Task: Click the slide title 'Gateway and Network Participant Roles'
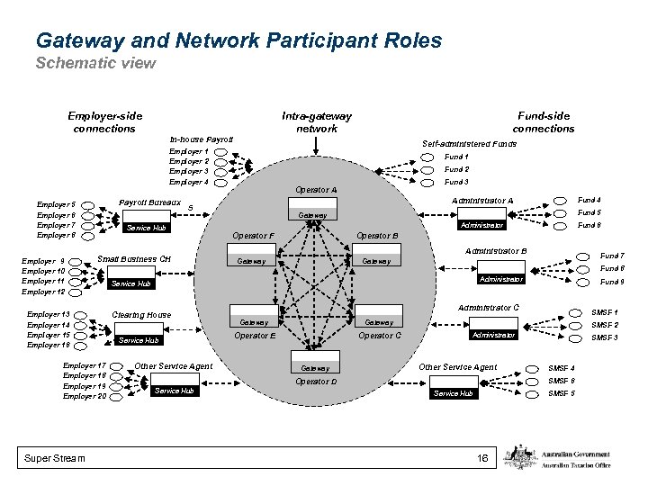click(238, 40)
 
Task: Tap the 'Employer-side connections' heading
click(104, 121)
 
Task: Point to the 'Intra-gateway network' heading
click(317, 121)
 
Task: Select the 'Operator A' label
click(315, 190)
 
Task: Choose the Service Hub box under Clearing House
click(139, 340)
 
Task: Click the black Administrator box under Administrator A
click(481, 225)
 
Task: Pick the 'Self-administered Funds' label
click(469, 144)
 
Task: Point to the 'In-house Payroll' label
click(202, 139)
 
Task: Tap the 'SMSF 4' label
click(562, 368)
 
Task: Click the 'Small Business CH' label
click(134, 259)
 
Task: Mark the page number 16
click(482, 459)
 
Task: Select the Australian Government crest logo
click(521, 456)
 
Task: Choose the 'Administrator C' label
click(488, 308)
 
